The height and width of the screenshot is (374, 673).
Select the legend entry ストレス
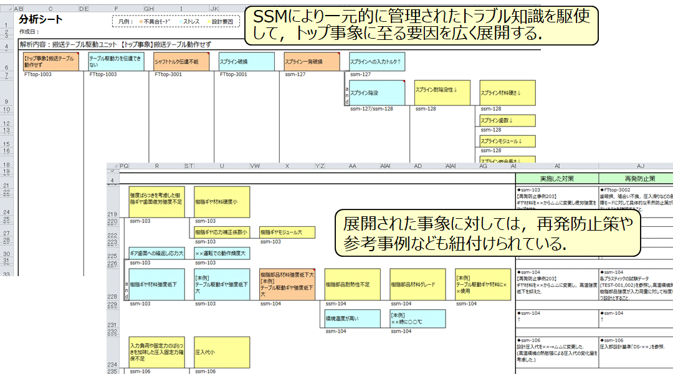point(189,21)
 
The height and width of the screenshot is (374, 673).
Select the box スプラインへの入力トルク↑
point(377,62)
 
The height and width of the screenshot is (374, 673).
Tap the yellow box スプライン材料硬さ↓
point(507,93)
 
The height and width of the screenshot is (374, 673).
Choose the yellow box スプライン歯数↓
point(507,120)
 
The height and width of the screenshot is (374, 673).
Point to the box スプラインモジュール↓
point(507,141)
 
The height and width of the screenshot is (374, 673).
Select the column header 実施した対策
point(556,178)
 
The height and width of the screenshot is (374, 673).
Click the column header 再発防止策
point(635,178)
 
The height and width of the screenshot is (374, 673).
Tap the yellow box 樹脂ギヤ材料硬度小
point(222,202)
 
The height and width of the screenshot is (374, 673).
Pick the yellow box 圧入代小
point(222,352)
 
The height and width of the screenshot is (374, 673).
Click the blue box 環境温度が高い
point(353,319)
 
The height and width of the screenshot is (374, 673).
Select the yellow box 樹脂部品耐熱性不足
point(353,284)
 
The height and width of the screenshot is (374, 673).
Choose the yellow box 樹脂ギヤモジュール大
point(287,232)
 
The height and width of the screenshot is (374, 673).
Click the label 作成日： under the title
point(29,31)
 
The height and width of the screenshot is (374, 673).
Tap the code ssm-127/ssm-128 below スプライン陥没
point(372,108)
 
